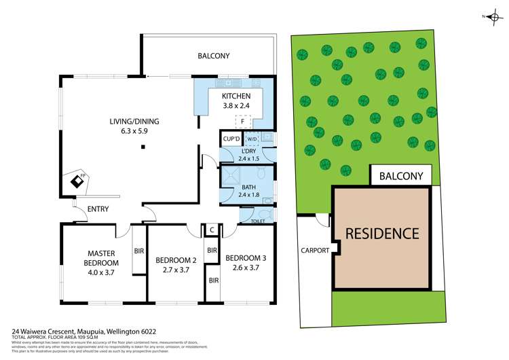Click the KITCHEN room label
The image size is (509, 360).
(237, 96)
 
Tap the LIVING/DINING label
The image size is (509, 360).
(134, 122)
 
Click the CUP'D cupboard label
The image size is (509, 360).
(232, 139)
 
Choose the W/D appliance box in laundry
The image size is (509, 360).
(252, 139)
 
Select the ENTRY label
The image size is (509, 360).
(98, 209)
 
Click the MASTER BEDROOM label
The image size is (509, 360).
(101, 258)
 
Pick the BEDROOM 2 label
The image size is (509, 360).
(176, 259)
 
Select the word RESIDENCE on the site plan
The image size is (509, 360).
(383, 234)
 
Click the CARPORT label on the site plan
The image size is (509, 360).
(315, 251)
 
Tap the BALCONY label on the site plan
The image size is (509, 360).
(400, 176)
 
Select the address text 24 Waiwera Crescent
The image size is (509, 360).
(46, 332)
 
